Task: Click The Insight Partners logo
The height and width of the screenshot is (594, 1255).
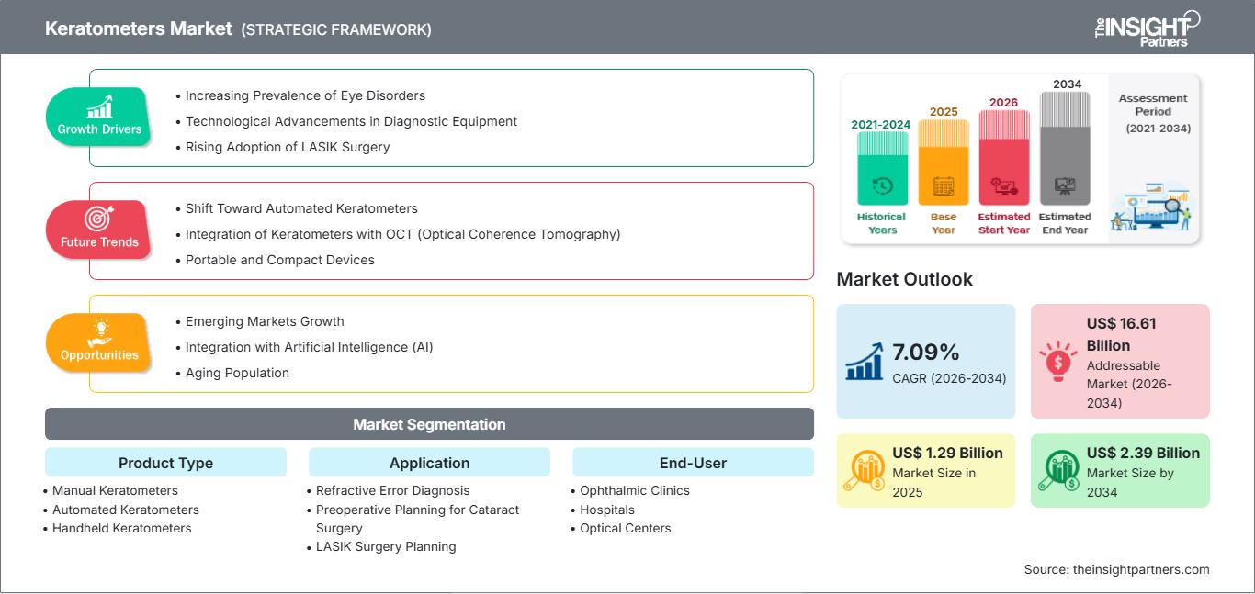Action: (x=1147, y=28)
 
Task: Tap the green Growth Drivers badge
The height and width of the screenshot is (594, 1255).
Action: (x=98, y=117)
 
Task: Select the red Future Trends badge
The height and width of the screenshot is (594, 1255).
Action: (x=98, y=230)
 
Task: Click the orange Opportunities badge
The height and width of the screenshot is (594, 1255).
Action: (x=98, y=342)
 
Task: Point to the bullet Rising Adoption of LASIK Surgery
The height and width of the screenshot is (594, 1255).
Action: (x=283, y=147)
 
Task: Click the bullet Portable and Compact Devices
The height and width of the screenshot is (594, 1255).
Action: (x=275, y=261)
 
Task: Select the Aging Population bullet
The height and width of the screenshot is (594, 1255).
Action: (x=232, y=374)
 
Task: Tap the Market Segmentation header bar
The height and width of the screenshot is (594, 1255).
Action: (x=429, y=424)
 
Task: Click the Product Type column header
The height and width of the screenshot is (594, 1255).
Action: (x=166, y=463)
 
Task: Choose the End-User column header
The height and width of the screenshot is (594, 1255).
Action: (x=693, y=463)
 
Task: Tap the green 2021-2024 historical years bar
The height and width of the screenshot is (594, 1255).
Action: (x=882, y=169)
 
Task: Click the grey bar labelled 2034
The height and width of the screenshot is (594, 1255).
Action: (x=1065, y=149)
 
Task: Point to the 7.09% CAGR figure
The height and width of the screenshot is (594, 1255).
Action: (x=925, y=353)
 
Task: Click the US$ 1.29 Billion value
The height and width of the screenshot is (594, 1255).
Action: (x=947, y=453)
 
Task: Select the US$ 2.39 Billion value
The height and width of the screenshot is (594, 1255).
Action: (x=1143, y=453)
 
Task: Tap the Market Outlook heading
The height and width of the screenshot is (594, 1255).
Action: (x=904, y=279)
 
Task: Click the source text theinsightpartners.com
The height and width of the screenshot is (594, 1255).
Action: (x=1141, y=569)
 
